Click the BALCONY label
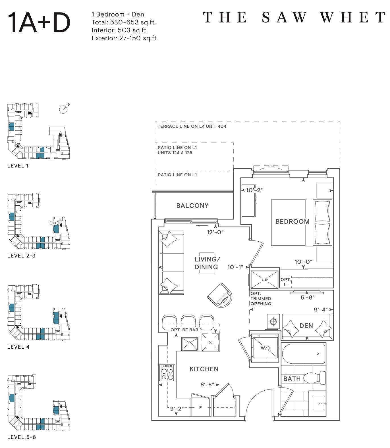(x=192, y=206)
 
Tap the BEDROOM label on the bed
(x=292, y=221)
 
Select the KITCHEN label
(x=204, y=369)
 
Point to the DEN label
(x=306, y=326)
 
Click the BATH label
(x=292, y=379)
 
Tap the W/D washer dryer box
(x=265, y=348)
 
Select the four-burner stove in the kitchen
(x=167, y=372)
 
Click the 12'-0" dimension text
(x=215, y=232)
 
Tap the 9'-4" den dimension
(x=321, y=309)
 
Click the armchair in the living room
(x=219, y=295)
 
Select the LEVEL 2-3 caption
(x=21, y=256)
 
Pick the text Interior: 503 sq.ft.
(x=120, y=30)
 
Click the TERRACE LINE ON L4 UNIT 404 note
(x=192, y=126)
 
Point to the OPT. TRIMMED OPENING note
(x=261, y=299)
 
